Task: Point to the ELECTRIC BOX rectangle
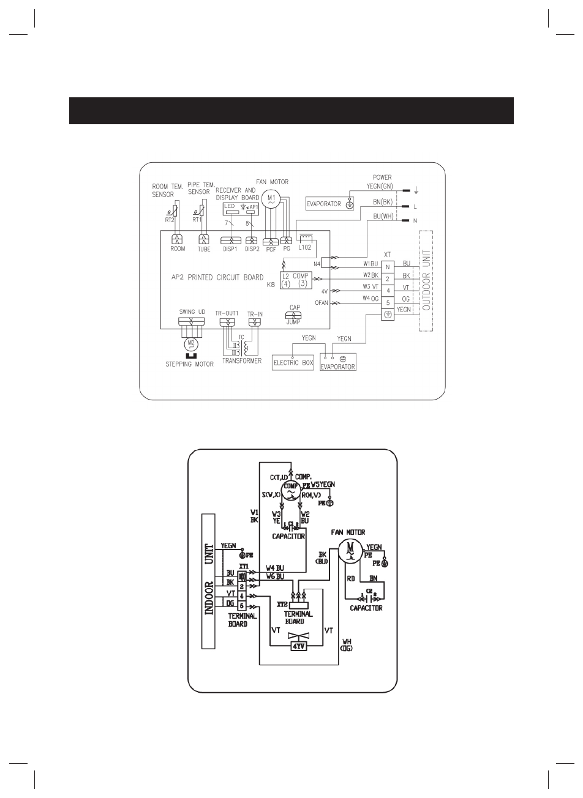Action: pos(293,363)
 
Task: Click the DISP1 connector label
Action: pos(230,249)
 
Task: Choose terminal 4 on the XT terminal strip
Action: pos(388,290)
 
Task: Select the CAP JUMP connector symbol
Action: pos(293,315)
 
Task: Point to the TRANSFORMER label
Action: pos(241,361)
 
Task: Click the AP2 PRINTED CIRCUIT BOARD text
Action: pos(218,277)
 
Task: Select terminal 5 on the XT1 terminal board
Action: pos(242,606)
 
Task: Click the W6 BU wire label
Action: pos(275,576)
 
